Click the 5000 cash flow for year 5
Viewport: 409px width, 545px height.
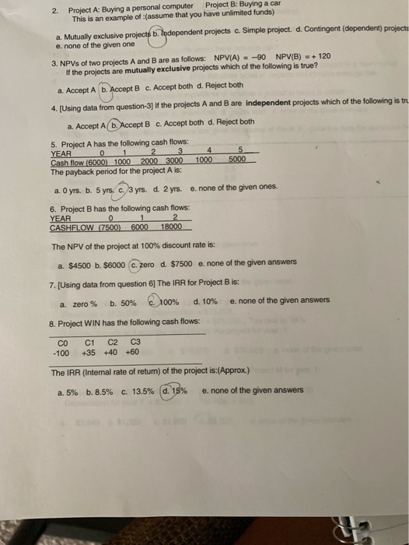[238, 159]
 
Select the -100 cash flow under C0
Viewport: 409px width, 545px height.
[60, 352]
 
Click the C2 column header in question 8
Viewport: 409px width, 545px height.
[112, 340]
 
